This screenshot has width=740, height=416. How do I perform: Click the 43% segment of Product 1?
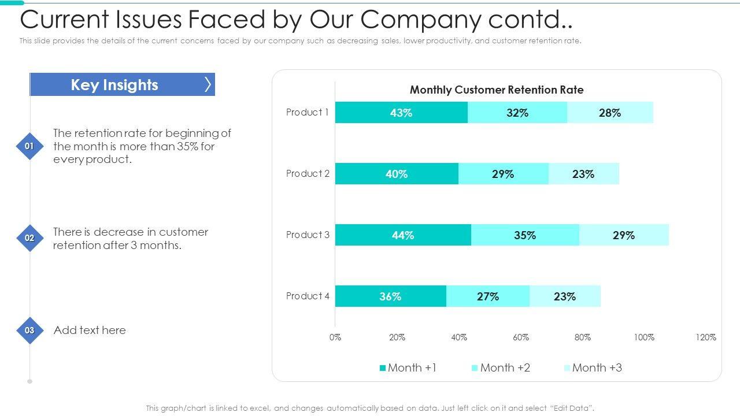click(x=401, y=113)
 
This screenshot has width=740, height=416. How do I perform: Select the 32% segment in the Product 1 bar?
click(x=517, y=113)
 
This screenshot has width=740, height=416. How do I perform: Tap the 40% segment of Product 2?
click(x=397, y=174)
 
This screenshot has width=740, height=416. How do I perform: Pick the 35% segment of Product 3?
click(x=525, y=235)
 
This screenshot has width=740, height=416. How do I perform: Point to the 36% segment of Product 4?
click(x=390, y=296)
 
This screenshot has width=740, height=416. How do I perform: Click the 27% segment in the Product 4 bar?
click(x=488, y=296)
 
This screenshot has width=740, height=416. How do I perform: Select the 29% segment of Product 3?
click(x=624, y=235)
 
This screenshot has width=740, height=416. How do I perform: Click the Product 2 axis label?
click(x=308, y=173)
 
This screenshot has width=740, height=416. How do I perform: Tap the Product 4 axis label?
click(x=308, y=296)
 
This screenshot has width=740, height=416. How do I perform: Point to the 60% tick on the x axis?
click(x=521, y=337)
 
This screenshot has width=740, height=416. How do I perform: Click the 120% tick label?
click(x=706, y=337)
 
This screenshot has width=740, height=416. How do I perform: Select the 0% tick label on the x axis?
click(x=335, y=337)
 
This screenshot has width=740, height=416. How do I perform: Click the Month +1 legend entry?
click(x=408, y=368)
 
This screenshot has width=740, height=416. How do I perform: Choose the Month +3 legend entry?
click(x=593, y=368)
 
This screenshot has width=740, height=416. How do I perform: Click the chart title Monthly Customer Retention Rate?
click(x=497, y=90)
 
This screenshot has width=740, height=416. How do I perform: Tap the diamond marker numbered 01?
click(x=29, y=146)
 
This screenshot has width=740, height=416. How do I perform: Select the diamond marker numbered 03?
click(x=29, y=330)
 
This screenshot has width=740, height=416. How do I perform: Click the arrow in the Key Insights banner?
click(x=208, y=85)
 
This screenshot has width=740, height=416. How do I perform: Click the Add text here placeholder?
click(x=90, y=330)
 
